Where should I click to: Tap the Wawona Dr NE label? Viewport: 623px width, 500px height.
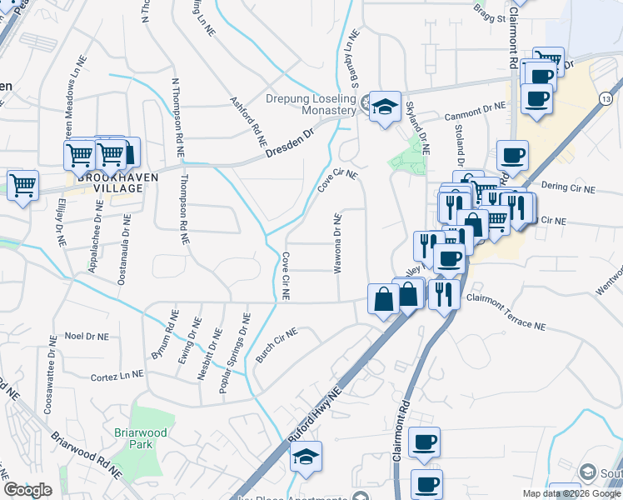(x=338, y=243)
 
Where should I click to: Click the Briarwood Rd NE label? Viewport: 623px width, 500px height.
(x=86, y=455)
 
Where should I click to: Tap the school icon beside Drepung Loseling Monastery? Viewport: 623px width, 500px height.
(x=384, y=106)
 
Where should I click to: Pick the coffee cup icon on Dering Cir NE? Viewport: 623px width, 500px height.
(x=512, y=155)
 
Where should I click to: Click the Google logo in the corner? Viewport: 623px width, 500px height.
(x=27, y=490)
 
